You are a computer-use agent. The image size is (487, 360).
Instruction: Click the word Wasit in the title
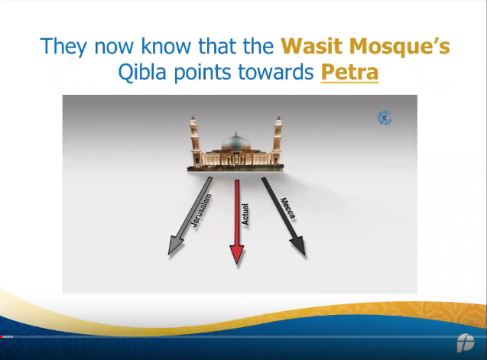[x=312, y=46]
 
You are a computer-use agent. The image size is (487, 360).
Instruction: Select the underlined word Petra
[x=349, y=72]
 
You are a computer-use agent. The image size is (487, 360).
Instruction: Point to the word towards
[x=276, y=72]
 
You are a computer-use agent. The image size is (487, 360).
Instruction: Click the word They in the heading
[x=63, y=47]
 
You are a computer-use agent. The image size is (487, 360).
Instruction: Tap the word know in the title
[x=166, y=46]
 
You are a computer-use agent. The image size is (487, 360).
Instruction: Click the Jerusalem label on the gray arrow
[x=201, y=210]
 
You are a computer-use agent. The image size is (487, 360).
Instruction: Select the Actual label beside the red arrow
[x=245, y=214]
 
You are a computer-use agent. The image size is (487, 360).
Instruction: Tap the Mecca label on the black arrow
[x=288, y=208]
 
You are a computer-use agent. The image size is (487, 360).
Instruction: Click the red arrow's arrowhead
[x=237, y=255]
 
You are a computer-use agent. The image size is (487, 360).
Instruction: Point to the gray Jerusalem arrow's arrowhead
[x=176, y=246]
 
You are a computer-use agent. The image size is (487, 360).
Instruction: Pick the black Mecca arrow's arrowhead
[x=298, y=246]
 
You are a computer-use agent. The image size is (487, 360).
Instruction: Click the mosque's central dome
[x=235, y=141]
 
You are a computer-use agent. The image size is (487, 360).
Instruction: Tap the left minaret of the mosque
[x=195, y=140]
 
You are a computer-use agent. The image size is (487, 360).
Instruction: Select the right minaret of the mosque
[x=277, y=140]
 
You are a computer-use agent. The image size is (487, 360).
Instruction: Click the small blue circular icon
[x=385, y=118]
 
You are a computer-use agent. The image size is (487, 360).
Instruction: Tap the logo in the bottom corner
[x=466, y=342]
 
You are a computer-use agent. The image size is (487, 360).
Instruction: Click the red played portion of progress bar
[x=2, y=337]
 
